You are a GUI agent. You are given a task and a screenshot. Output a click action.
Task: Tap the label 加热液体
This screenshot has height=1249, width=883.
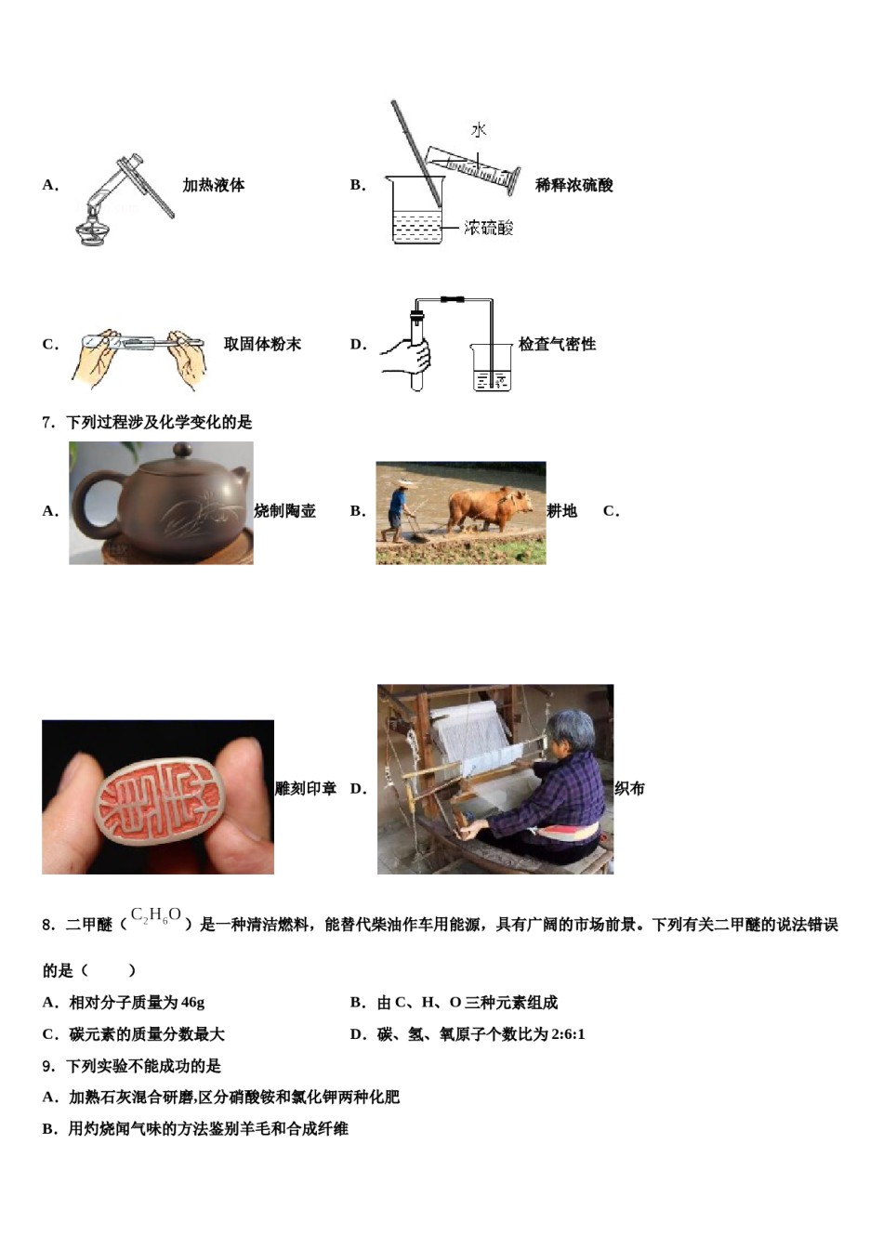pyautogui.click(x=213, y=185)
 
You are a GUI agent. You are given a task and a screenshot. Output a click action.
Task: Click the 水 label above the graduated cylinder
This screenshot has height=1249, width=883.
pyautogui.click(x=479, y=130)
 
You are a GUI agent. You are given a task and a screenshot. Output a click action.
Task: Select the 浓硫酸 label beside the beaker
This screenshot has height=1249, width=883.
pyautogui.click(x=489, y=228)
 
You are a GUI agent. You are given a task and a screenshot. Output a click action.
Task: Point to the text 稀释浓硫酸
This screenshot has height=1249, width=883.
pyautogui.click(x=573, y=185)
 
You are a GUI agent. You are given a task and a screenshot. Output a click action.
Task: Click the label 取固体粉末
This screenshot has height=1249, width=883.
pyautogui.click(x=262, y=344)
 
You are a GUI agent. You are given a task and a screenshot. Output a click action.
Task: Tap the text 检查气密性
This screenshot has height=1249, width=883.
pyautogui.click(x=557, y=344)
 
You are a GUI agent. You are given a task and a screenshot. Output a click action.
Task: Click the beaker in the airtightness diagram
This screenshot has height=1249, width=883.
pyautogui.click(x=491, y=367)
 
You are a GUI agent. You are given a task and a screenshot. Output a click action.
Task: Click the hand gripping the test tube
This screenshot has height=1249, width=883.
pyautogui.click(x=411, y=353)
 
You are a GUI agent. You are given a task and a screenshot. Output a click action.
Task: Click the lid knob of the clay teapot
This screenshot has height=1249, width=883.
pyautogui.click(x=182, y=451)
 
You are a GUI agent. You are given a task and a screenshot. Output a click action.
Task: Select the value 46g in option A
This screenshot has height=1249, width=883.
pyautogui.click(x=192, y=1003)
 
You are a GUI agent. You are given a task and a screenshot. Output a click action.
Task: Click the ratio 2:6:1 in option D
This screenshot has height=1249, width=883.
pyautogui.click(x=568, y=1034)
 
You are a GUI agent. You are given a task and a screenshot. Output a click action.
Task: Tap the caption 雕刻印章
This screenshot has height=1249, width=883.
pyautogui.click(x=306, y=789)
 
